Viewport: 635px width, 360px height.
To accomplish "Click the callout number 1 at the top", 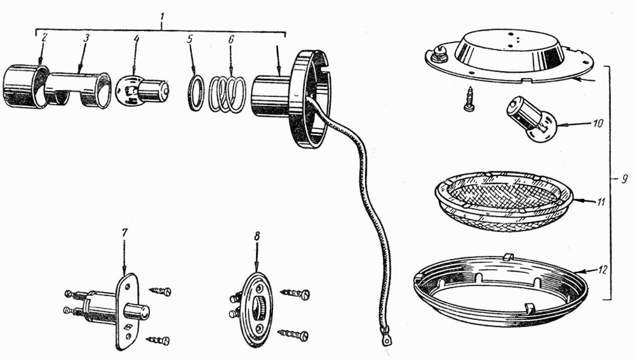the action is pyautogui.click(x=162, y=17).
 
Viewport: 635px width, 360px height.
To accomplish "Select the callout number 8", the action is pyautogui.click(x=257, y=236).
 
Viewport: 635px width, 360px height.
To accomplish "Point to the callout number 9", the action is pyautogui.click(x=624, y=178).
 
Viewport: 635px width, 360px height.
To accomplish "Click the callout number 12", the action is pyautogui.click(x=603, y=269).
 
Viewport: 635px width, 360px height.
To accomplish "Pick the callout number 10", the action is pyautogui.click(x=598, y=123).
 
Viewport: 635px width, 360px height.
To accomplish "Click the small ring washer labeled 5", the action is pyautogui.click(x=196, y=93).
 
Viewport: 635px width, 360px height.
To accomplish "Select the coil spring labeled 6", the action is pyautogui.click(x=227, y=95).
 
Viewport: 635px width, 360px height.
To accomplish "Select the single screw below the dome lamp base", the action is pyautogui.click(x=469, y=99).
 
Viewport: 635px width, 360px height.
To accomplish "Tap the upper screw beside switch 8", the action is pyautogui.click(x=295, y=293).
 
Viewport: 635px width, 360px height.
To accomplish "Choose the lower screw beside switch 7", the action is pyautogui.click(x=158, y=340).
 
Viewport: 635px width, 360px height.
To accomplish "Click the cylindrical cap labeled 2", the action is pyautogui.click(x=26, y=86).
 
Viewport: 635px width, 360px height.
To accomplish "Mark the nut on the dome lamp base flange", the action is pyautogui.click(x=438, y=54).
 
